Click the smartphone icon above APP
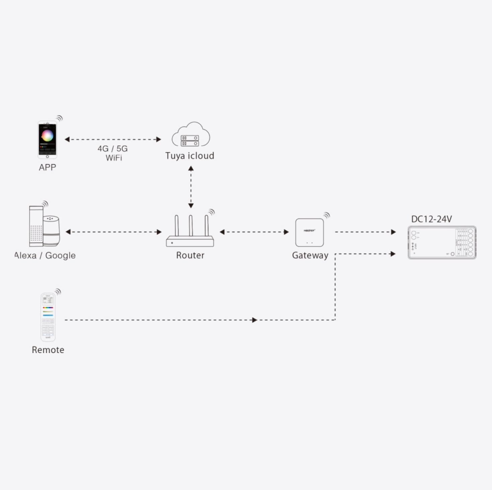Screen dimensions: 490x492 click(47, 140)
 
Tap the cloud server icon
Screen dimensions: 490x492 click(191, 135)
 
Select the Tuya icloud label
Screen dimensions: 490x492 click(190, 156)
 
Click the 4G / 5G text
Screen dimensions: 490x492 click(113, 149)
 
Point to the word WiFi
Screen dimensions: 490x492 click(114, 158)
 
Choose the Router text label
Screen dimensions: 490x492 click(190, 255)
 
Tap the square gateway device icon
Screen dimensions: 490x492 click(309, 232)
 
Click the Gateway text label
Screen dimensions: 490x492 click(310, 255)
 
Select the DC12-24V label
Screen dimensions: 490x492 click(431, 219)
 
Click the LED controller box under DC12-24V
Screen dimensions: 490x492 click(442, 242)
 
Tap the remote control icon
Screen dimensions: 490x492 click(48, 317)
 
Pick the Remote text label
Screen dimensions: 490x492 click(48, 350)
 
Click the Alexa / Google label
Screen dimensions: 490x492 click(45, 255)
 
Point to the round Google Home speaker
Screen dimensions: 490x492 click(51, 230)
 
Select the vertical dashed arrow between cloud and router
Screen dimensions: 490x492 click(191, 187)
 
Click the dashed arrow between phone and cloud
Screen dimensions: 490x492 click(113, 139)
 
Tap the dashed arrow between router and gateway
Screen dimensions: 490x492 click(254, 232)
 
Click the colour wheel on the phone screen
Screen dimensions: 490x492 click(47, 135)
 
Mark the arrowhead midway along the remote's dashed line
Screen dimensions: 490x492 click(255, 320)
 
